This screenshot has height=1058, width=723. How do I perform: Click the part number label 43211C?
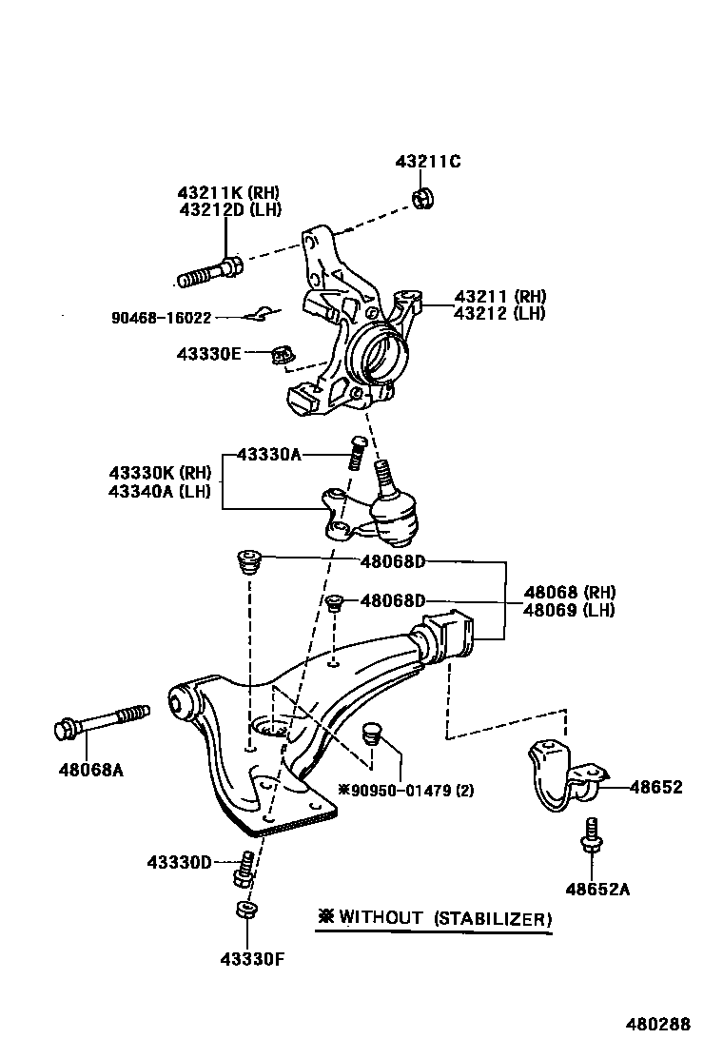pos(427,162)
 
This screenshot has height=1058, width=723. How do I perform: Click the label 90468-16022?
pos(159,318)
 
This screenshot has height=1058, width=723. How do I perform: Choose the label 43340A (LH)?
pos(159,491)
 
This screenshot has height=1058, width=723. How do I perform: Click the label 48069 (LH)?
pos(569,610)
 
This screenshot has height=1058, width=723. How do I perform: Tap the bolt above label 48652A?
pos(590,835)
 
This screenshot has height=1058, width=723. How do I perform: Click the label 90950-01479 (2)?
pos(406,790)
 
